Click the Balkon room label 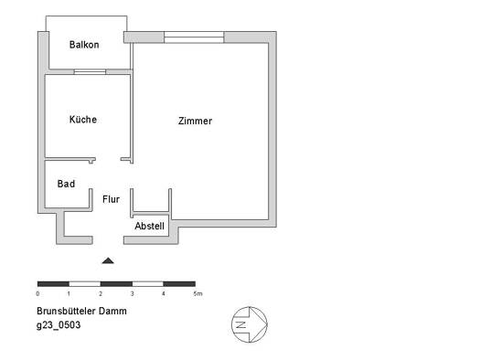[x=84, y=45]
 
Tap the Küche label [x=83, y=119]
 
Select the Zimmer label [x=195, y=121]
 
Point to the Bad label [x=66, y=184]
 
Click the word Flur [x=111, y=199]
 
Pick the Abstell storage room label [x=149, y=226]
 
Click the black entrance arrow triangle [x=108, y=260]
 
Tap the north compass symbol [x=250, y=324]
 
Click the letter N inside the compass [x=241, y=324]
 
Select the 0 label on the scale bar [x=37, y=293]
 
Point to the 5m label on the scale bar [x=197, y=293]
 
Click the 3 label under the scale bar [x=132, y=293]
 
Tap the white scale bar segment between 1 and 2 [x=85, y=284]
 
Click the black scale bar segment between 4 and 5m [x=179, y=284]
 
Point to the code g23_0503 [x=59, y=325]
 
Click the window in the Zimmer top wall [x=194, y=37]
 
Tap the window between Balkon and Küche [x=90, y=72]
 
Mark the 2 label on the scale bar [x=101, y=293]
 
